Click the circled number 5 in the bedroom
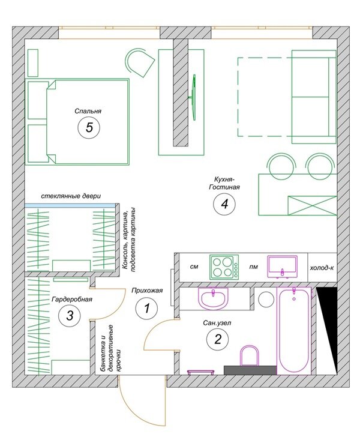pyautogui.click(x=89, y=127)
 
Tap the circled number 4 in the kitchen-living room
pyautogui.click(x=224, y=203)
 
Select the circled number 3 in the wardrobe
pyautogui.click(x=70, y=315)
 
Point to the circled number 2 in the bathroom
pyautogui.click(x=218, y=339)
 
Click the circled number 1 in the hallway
pyautogui.click(x=147, y=308)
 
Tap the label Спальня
pyautogui.click(x=88, y=111)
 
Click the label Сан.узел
pyautogui.click(x=217, y=322)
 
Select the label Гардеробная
pyautogui.click(x=72, y=299)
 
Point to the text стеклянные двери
pyautogui.click(x=71, y=196)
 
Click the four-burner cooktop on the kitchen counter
pyautogui.click(x=224, y=267)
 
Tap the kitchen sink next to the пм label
pyautogui.click(x=283, y=267)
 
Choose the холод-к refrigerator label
pyautogui.click(x=322, y=268)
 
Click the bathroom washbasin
pyautogui.click(x=213, y=298)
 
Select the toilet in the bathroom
pyautogui.click(x=249, y=355)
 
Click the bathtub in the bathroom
pyautogui.click(x=293, y=331)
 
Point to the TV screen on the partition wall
pyautogui.click(x=193, y=97)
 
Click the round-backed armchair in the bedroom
pyautogui.click(x=140, y=62)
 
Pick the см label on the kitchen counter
pyautogui.click(x=194, y=267)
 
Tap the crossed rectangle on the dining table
pyautogui.click(x=312, y=205)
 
